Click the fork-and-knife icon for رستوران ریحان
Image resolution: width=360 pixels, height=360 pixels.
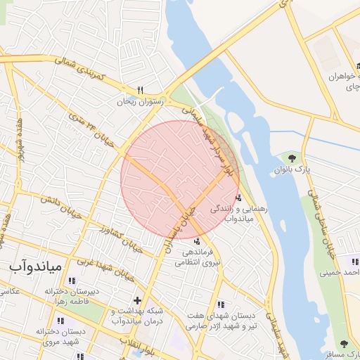tap(140, 90)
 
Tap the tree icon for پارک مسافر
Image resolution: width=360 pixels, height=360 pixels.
tap(343, 344)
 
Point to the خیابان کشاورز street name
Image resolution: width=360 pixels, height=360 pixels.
tap(122, 239)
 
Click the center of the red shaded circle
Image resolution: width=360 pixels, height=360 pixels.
tap(180, 179)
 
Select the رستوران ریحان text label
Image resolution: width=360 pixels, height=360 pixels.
tap(140, 101)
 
